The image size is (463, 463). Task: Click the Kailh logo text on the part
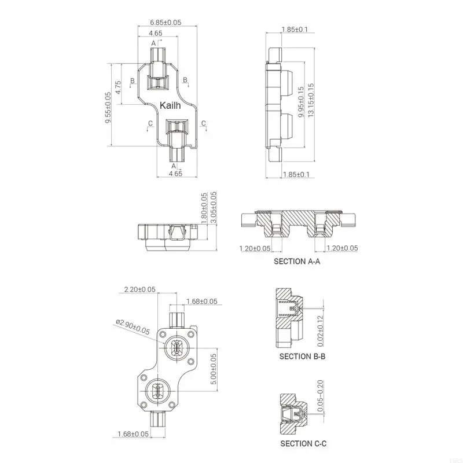pyautogui.click(x=170, y=106)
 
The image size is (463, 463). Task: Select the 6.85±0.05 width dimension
pyautogui.click(x=166, y=23)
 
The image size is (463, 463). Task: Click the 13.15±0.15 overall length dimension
pyautogui.click(x=311, y=101)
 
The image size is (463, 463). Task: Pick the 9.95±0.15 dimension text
pyautogui.click(x=300, y=102)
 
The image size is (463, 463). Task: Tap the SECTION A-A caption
pyautogui.click(x=297, y=262)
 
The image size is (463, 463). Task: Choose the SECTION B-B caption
pyautogui.click(x=303, y=357)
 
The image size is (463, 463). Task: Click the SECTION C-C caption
pyautogui.click(x=303, y=443)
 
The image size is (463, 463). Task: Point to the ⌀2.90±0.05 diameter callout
pyautogui.click(x=133, y=327)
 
